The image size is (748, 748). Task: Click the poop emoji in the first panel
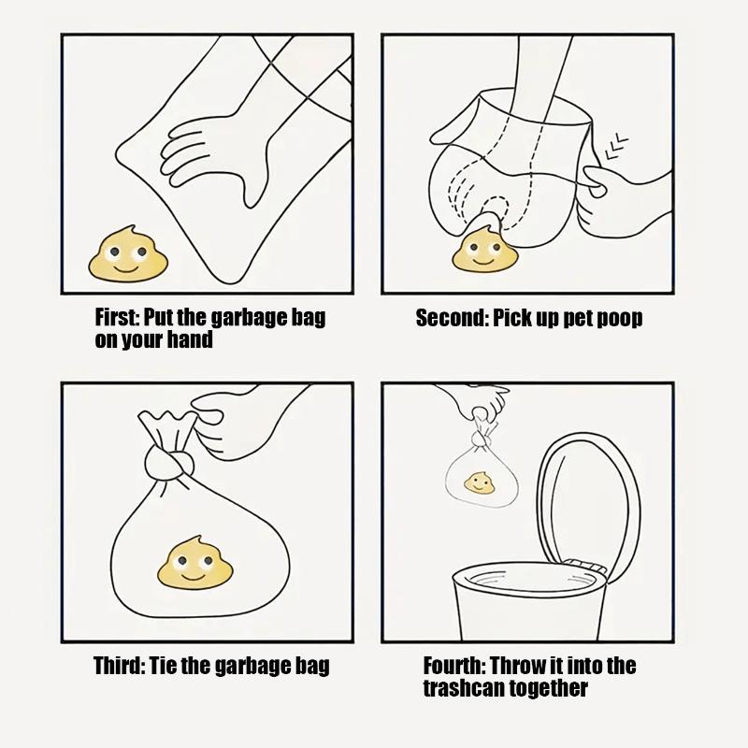click(x=127, y=254)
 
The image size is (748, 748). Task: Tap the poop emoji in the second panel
click(x=484, y=249)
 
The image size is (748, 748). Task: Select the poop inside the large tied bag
click(x=195, y=563)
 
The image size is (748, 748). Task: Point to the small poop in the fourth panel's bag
click(x=479, y=483)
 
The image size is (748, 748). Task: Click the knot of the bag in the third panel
click(x=170, y=462)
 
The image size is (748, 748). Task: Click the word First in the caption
click(x=116, y=317)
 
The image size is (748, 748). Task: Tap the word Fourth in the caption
click(x=453, y=665)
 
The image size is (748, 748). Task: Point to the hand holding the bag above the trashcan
click(x=480, y=402)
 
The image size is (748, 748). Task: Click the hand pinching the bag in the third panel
click(x=229, y=424)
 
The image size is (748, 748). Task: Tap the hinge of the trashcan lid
click(x=586, y=566)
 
